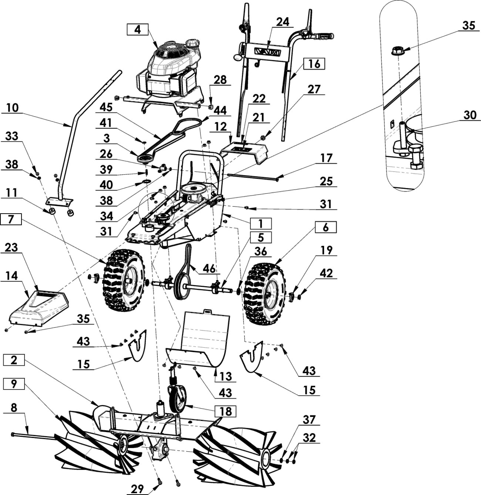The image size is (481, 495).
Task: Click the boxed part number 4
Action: (137, 29)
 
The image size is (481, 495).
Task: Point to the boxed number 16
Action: (314, 64)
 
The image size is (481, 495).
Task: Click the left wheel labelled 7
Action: (124, 280)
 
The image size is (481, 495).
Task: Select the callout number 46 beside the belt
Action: (209, 268)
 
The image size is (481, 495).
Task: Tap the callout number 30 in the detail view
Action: (470, 115)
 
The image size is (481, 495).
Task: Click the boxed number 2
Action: (14, 360)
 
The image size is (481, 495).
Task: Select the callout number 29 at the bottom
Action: (137, 488)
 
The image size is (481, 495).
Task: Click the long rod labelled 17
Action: (252, 176)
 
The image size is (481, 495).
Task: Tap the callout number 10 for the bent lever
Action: (12, 108)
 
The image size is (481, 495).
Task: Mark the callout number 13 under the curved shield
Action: (225, 377)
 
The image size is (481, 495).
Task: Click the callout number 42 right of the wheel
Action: (326, 273)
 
